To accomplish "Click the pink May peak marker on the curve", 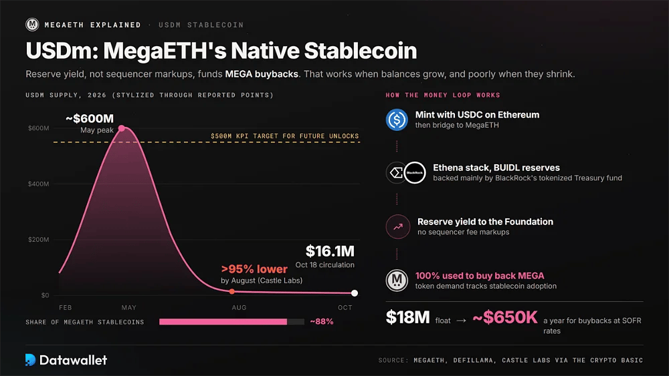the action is click(122, 128).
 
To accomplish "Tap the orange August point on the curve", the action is click(231, 292).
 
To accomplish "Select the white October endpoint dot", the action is click(354, 293).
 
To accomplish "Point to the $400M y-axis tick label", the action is click(38, 184).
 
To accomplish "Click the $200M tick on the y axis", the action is click(38, 240).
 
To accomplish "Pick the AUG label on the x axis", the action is click(239, 307).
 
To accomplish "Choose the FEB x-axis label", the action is click(66, 307).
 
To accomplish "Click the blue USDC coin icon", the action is click(397, 120).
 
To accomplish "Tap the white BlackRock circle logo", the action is click(415, 172).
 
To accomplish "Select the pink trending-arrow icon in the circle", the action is click(397, 226).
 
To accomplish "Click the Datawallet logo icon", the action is click(30, 360).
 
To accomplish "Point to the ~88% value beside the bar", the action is click(322, 321).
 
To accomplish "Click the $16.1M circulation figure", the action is click(330, 251).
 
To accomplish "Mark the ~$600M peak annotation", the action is click(90, 118).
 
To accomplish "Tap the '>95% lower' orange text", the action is click(254, 269).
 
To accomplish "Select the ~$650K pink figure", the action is click(505, 317).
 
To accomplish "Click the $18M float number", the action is click(407, 317).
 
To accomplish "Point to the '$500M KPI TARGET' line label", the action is click(284, 136).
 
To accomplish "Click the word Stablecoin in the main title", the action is click(361, 51).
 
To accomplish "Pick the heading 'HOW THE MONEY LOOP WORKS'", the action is click(443, 95).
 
